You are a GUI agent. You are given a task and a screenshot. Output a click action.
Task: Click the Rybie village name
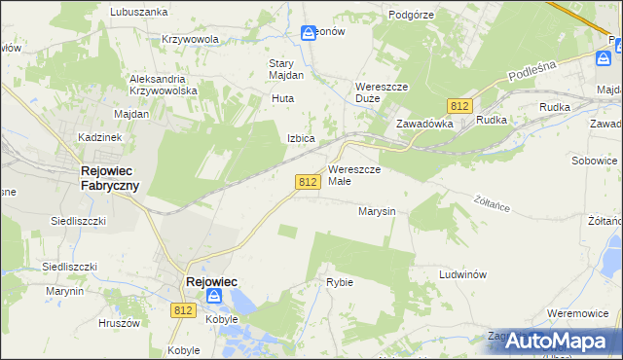[x=339, y=282]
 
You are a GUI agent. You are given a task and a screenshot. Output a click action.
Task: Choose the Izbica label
[x=300, y=138]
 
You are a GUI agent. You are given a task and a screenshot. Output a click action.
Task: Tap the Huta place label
[x=282, y=98]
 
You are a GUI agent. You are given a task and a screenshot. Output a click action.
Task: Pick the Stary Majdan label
[x=286, y=69]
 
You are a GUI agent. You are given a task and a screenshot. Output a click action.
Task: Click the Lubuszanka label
[x=138, y=12]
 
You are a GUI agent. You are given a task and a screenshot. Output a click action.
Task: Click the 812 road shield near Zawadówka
[x=460, y=105]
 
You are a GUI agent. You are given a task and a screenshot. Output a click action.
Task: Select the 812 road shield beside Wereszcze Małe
[x=308, y=182]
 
